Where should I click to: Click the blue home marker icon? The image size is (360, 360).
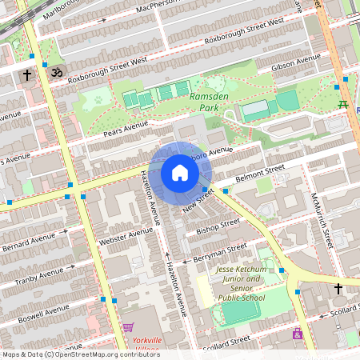180,173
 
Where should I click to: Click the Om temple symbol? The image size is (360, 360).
56,73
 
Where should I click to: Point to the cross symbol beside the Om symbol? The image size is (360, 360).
27,76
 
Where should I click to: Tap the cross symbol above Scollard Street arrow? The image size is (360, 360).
338,288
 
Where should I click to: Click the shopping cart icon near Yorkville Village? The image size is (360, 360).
128,327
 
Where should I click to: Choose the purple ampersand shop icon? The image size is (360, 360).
298,334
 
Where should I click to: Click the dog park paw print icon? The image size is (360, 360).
98,100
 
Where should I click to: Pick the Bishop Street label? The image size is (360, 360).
218,228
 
